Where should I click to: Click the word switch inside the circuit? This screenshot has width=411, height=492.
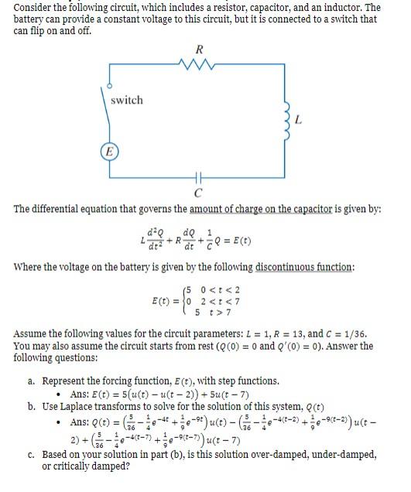[127, 101]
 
